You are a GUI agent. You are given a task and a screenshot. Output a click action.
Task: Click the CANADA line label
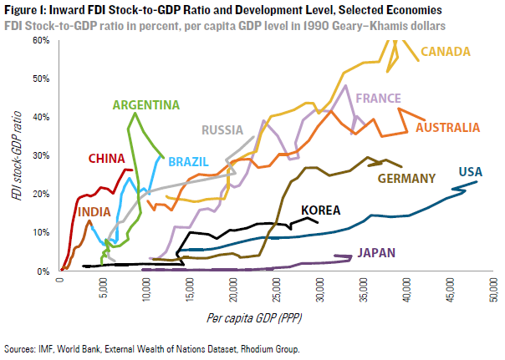click(x=445, y=53)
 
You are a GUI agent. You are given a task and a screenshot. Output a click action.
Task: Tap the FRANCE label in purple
click(x=378, y=99)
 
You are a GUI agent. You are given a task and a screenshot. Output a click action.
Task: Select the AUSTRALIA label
click(x=447, y=128)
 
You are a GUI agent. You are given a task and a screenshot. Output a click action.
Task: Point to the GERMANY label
click(x=407, y=178)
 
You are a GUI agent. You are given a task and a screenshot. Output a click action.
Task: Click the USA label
click(x=469, y=172)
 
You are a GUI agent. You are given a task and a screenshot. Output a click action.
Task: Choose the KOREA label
click(x=321, y=210)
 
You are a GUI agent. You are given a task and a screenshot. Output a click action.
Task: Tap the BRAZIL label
click(x=187, y=161)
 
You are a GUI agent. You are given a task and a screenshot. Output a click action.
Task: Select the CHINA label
click(x=107, y=159)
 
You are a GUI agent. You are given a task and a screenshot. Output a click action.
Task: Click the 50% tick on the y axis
click(x=38, y=79)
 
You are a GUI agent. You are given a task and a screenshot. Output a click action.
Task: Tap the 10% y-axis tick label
click(x=38, y=232)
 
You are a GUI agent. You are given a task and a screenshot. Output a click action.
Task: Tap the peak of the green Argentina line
click(x=134, y=114)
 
